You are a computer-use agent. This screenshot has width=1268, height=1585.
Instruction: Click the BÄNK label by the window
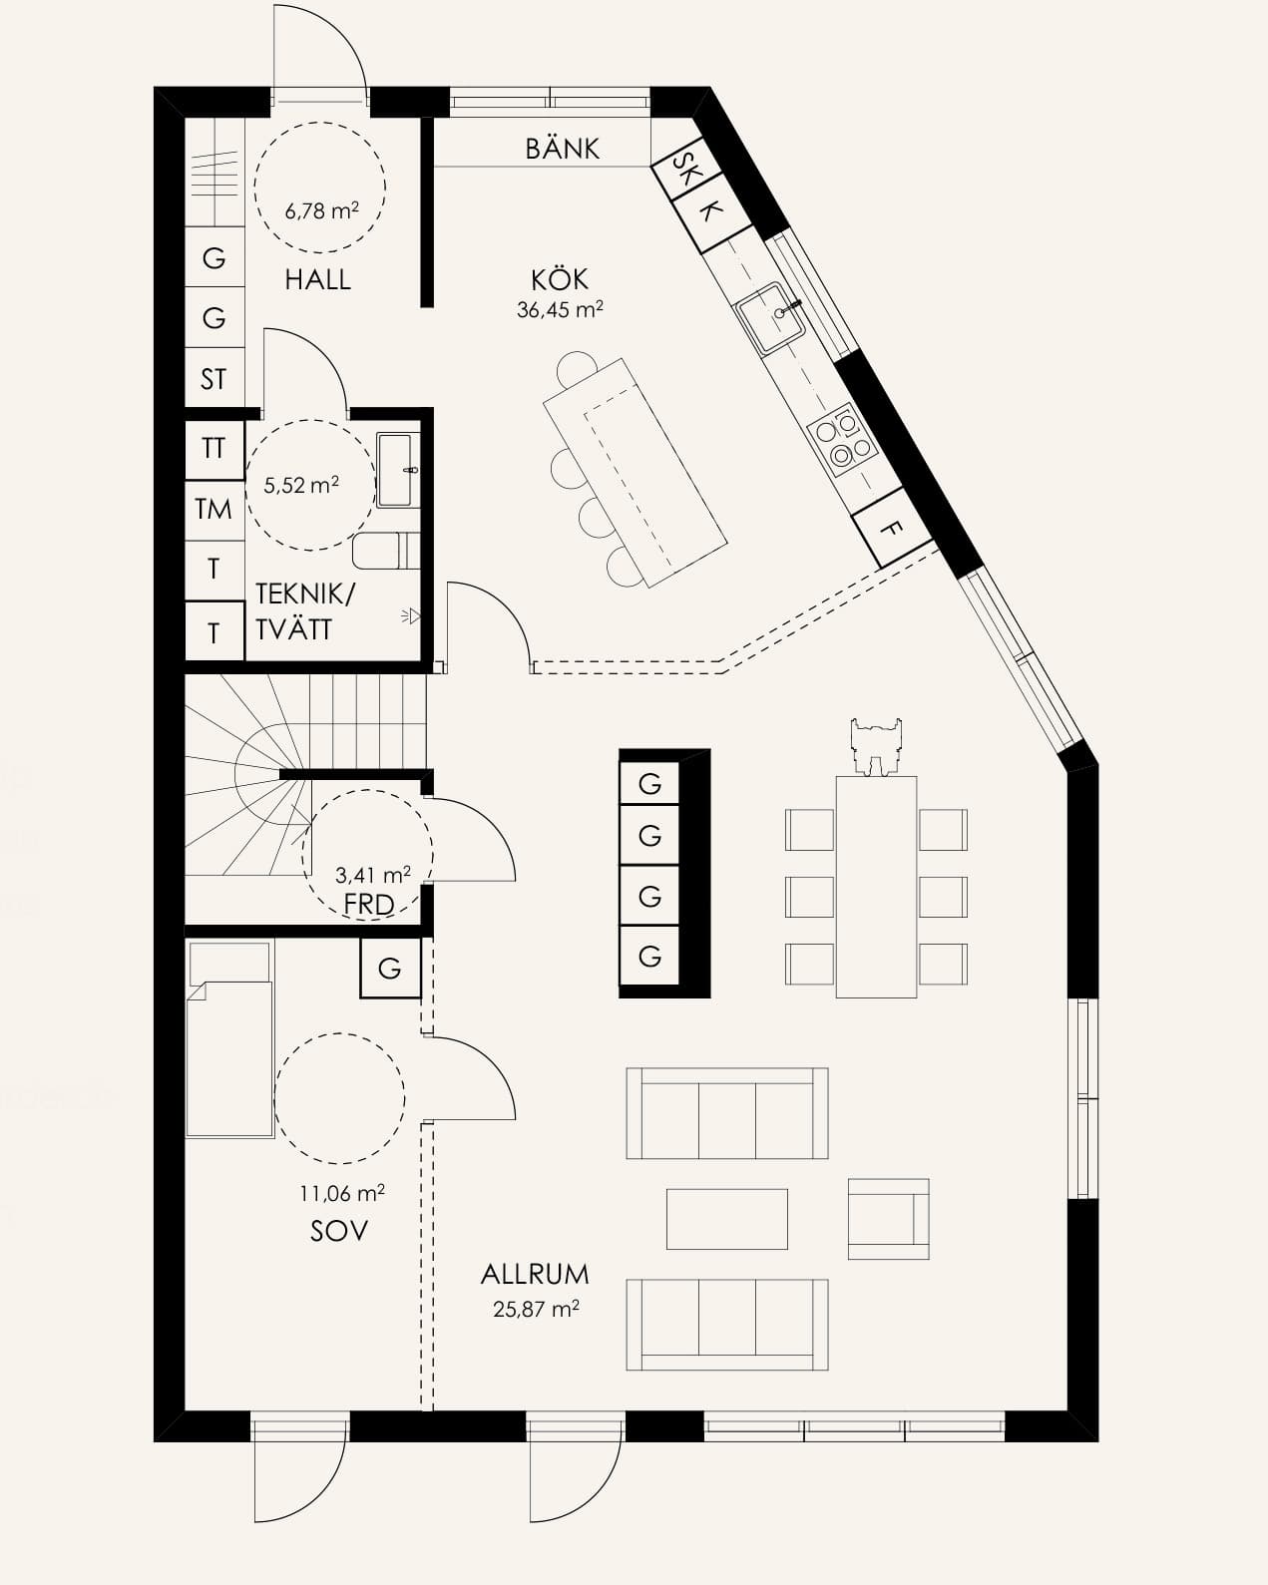pyautogui.click(x=562, y=149)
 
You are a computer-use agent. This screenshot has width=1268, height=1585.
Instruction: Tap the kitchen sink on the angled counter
pyautogui.click(x=770, y=317)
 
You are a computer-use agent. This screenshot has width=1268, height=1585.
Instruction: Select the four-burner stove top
pyautogui.click(x=843, y=440)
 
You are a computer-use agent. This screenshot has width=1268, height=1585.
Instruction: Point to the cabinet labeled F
pyautogui.click(x=892, y=528)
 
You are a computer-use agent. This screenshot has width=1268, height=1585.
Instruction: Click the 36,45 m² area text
pyautogui.click(x=560, y=310)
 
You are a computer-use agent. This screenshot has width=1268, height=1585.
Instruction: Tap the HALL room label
pyautogui.click(x=317, y=280)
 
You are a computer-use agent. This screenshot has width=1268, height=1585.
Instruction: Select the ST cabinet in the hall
pyautogui.click(x=213, y=379)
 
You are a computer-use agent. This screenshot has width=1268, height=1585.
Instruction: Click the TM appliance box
pyautogui.click(x=213, y=510)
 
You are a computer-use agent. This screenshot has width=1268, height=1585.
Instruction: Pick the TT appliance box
pyautogui.click(x=213, y=449)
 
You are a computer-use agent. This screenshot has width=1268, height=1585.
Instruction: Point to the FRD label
pyautogui.click(x=369, y=905)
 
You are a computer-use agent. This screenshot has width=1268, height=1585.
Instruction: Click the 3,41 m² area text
pyautogui.click(x=373, y=875)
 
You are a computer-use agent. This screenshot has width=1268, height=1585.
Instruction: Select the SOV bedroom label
pyautogui.click(x=338, y=1231)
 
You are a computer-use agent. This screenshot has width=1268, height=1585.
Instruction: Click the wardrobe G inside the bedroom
pyautogui.click(x=390, y=968)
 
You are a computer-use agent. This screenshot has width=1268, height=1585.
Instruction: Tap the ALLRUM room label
pyautogui.click(x=535, y=1274)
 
